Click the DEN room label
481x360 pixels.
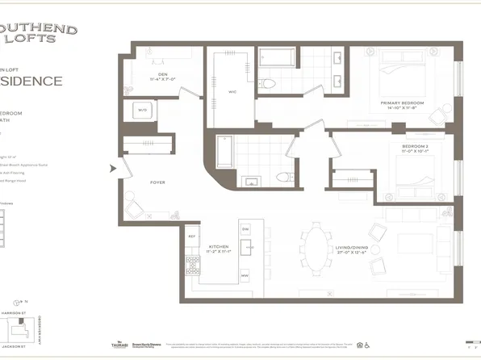tap(162, 77)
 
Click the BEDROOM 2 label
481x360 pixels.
tap(416, 148)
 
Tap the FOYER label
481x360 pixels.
tap(157, 182)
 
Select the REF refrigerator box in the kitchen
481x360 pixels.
tap(192, 237)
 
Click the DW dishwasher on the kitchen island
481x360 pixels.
tap(245, 229)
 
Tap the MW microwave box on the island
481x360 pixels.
tap(245, 276)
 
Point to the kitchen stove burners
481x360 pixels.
tap(193, 265)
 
